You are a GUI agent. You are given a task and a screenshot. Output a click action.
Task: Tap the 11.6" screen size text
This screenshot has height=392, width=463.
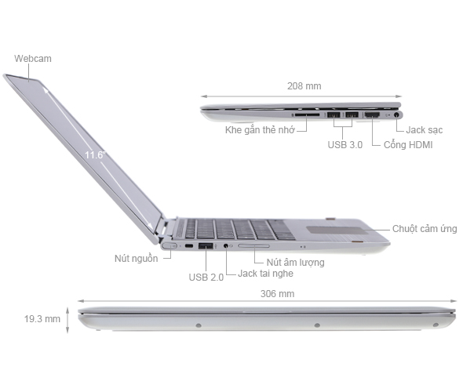click(95, 155)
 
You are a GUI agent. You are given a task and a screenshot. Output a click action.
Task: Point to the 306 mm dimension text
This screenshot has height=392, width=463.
click(279, 294)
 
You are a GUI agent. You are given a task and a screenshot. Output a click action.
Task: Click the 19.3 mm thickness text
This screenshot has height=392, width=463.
click(42, 319)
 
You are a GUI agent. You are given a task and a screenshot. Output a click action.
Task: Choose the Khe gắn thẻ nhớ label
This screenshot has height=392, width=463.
click(259, 130)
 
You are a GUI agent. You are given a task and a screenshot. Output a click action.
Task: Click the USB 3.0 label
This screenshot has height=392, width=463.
click(345, 145)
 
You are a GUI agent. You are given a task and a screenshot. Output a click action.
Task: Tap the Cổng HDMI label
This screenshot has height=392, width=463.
click(408, 145)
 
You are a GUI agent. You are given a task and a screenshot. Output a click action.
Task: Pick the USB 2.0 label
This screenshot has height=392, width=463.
click(206, 277)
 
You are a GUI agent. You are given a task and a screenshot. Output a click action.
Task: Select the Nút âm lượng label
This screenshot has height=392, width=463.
click(295, 263)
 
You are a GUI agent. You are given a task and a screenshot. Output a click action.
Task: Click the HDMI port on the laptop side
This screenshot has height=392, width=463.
click(372, 116)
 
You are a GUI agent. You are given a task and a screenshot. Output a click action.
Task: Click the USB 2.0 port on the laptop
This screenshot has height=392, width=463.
click(206, 248)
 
